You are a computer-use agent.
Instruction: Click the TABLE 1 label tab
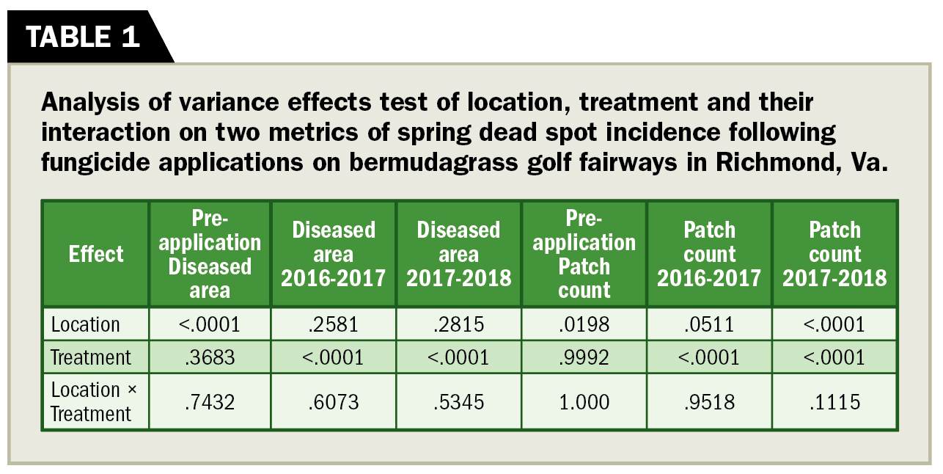pos(83,37)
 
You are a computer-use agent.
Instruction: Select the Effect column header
pos(96,254)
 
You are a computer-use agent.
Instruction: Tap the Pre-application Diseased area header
pos(210,254)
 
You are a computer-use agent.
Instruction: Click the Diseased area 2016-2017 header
pos(334,254)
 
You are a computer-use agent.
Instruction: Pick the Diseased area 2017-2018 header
pos(459,254)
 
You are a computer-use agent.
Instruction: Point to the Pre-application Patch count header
pos(584,254)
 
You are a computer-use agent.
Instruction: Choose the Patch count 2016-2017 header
pos(709,254)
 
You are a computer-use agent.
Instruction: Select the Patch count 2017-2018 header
pos(834,254)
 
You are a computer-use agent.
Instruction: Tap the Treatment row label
pos(91,357)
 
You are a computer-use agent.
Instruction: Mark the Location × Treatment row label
pos(91,401)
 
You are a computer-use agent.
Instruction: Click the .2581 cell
pos(334,324)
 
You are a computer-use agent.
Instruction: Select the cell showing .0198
pos(584,324)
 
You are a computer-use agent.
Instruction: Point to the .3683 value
pos(210,357)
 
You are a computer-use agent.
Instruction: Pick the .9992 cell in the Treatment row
pos(584,357)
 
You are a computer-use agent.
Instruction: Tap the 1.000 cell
pos(584,401)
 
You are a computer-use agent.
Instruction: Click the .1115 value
pos(834,401)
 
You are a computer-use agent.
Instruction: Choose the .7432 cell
pos(210,401)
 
